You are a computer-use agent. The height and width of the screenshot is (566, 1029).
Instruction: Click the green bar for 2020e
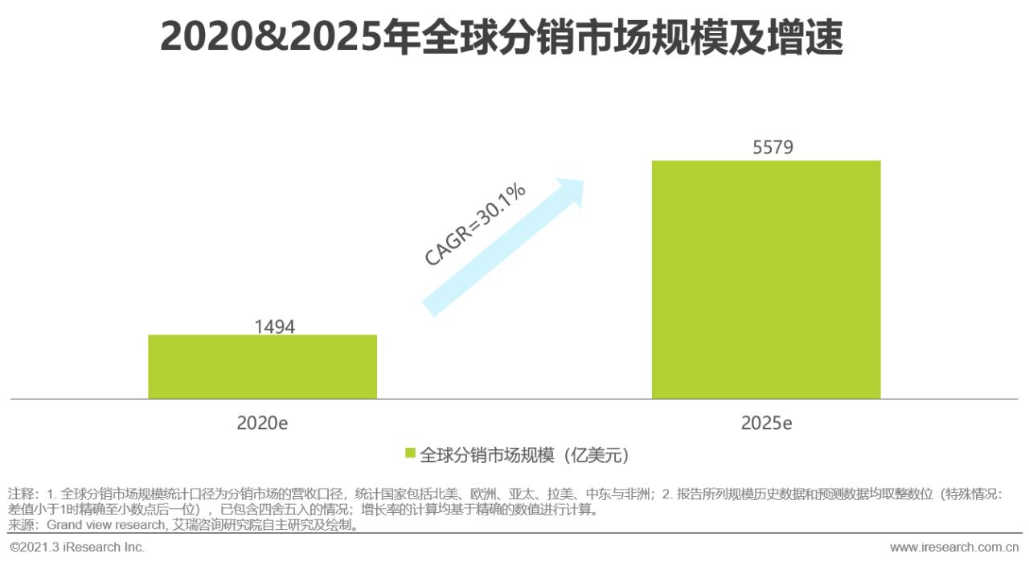pos(262,367)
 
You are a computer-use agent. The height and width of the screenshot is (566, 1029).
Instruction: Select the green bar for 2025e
pos(765,280)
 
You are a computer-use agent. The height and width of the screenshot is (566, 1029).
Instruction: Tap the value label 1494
pos(274,326)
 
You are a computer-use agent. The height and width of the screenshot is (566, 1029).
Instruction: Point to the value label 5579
pos(773,148)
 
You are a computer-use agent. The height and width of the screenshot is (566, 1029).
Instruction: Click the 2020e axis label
pos(262,423)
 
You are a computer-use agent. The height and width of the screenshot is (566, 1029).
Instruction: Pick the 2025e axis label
pos(765,423)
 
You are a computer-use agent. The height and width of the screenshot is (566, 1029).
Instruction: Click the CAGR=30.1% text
pos(474,224)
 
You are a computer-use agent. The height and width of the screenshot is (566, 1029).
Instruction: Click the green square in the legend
pos(410,453)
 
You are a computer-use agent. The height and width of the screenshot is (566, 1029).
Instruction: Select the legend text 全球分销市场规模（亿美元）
pos(523,455)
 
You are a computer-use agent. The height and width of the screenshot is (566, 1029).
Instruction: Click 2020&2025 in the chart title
pos(271,36)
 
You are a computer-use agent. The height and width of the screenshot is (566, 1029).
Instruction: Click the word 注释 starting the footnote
pos(23,494)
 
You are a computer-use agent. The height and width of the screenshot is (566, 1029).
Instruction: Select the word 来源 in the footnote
pos(23,526)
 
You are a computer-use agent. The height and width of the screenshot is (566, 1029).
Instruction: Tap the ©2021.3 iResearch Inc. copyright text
pos(77,548)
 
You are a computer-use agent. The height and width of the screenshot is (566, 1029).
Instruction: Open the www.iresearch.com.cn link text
pos(953,548)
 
